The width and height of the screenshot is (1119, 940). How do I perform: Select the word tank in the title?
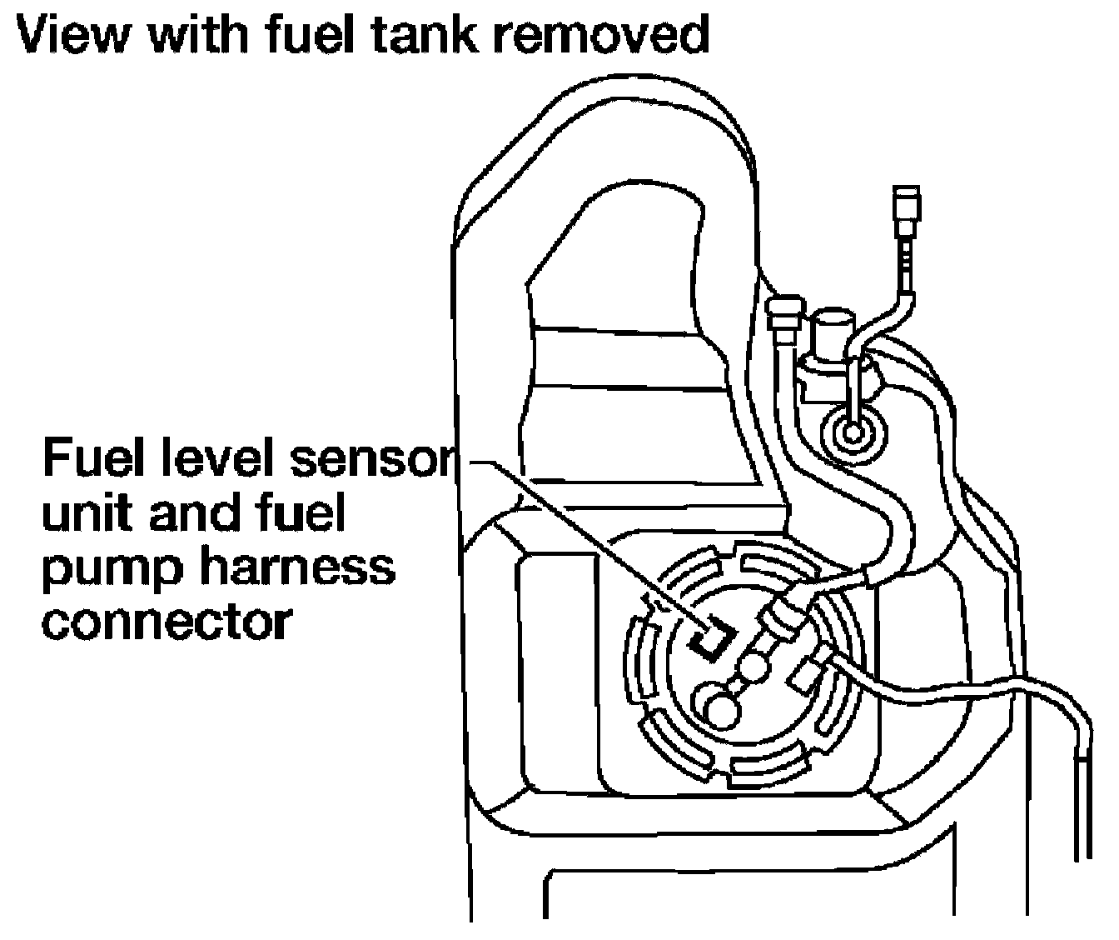point(424,33)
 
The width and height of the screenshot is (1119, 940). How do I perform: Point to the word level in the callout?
point(210,457)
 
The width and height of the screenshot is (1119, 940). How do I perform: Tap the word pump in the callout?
point(112,572)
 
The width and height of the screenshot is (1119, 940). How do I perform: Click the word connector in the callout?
point(167,622)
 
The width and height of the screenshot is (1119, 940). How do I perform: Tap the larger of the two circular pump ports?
point(721,711)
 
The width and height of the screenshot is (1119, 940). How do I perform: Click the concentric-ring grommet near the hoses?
point(852,433)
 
